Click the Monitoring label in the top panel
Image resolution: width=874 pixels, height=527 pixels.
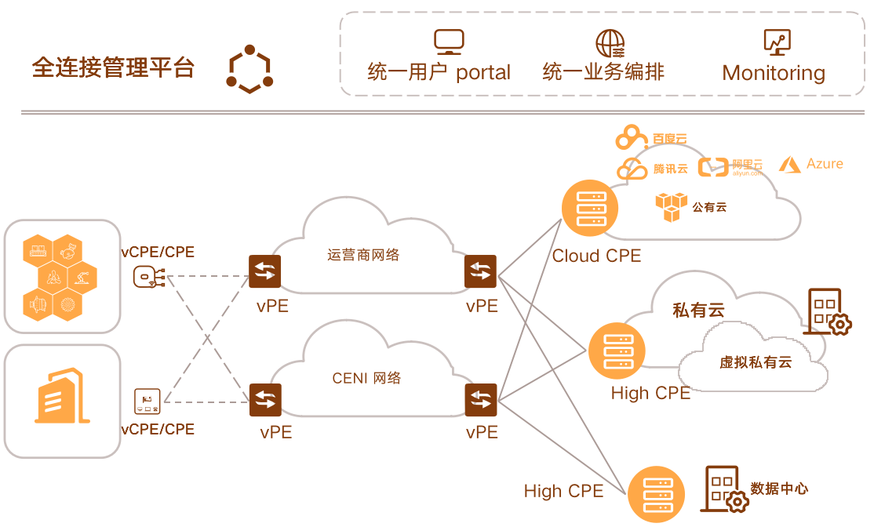(x=774, y=73)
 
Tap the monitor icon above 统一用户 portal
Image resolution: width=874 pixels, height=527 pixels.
(x=449, y=42)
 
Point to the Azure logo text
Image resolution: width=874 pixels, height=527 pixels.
(x=811, y=164)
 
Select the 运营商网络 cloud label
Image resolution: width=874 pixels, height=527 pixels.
(x=363, y=255)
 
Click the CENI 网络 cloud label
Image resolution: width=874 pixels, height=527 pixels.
(x=367, y=378)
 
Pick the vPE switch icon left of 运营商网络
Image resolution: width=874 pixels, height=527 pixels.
(x=264, y=272)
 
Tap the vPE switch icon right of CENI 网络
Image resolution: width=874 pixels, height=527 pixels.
(x=481, y=400)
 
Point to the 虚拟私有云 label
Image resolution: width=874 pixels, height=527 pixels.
(x=756, y=362)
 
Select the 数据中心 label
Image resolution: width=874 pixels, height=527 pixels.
(x=779, y=488)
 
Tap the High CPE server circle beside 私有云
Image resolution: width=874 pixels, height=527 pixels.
(x=617, y=351)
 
